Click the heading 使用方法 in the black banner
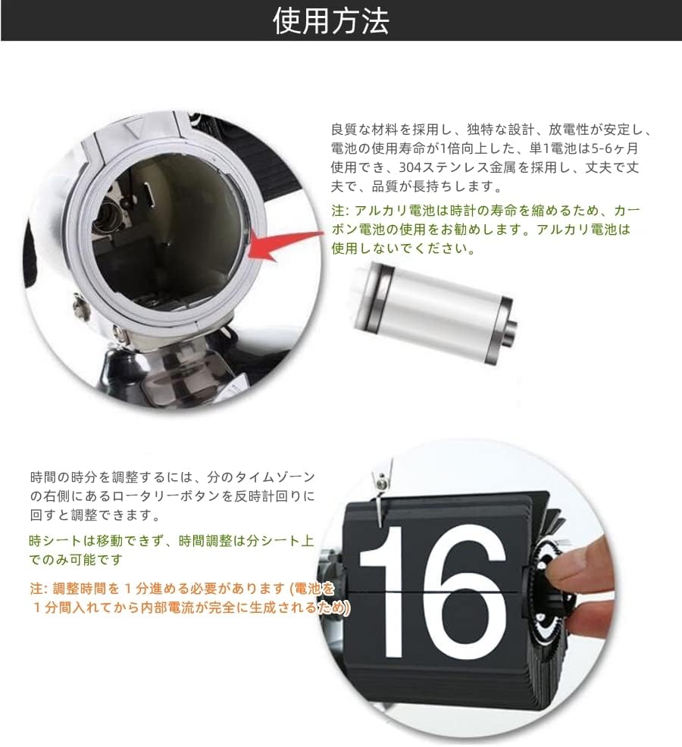tap(330, 21)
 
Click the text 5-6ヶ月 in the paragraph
tap(615, 148)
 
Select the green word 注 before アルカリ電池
tap(337, 210)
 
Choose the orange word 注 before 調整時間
tap(36, 589)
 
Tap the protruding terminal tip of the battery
tap(511, 327)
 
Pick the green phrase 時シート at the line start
tap(56, 541)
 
